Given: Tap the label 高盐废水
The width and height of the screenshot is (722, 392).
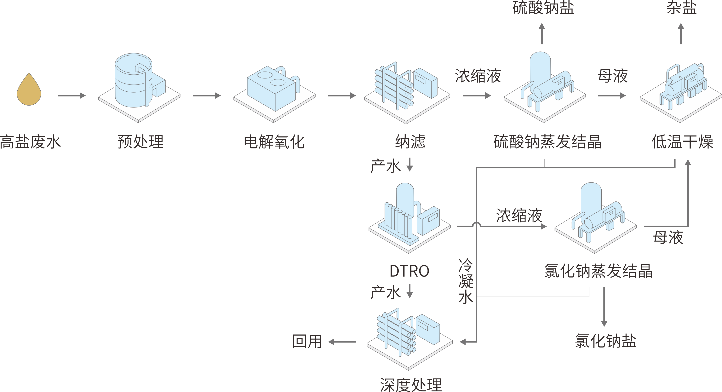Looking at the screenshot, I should coord(30,142).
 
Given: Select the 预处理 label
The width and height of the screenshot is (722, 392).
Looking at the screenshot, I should coord(140,142).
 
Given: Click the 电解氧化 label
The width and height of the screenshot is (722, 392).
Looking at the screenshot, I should coord(274,142).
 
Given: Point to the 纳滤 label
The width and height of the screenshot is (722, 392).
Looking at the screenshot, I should coord(410,142).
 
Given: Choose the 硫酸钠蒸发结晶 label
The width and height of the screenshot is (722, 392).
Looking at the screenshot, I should coord(547,142).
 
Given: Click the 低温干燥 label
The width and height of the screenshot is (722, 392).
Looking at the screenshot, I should coord(682,142).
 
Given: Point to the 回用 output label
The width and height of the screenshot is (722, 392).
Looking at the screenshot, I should coord(307,342).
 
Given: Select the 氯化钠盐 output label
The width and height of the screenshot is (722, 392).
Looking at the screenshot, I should coord(605,341).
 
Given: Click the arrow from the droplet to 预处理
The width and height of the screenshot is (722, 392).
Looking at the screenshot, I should coord(72,96).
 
